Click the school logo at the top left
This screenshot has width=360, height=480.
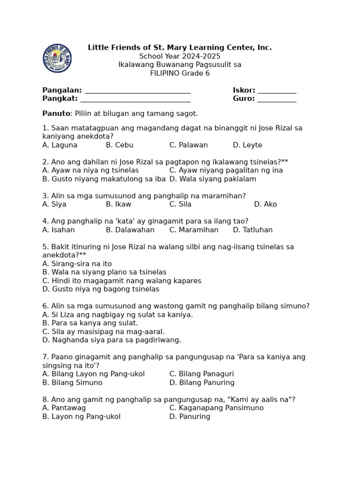(57, 58)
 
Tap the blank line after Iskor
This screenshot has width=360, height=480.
(277, 91)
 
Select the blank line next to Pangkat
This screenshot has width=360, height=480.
(135, 100)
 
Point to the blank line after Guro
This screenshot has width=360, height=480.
(277, 100)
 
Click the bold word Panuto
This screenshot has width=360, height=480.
(56, 113)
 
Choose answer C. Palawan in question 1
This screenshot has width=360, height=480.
(188, 145)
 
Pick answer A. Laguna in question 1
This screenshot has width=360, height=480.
(60, 145)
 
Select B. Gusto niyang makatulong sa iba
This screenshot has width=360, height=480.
(104, 179)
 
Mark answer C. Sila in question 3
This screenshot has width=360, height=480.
(180, 204)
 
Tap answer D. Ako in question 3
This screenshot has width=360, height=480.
(265, 204)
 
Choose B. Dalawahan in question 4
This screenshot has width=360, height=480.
(130, 230)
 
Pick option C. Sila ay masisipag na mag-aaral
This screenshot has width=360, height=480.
(104, 332)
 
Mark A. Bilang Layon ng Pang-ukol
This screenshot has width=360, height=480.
(93, 374)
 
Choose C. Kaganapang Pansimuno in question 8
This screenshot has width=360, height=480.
(217, 408)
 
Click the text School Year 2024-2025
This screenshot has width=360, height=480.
(180, 56)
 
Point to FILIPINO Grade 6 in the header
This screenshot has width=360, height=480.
(180, 73)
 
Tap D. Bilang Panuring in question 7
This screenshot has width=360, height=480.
(202, 382)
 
